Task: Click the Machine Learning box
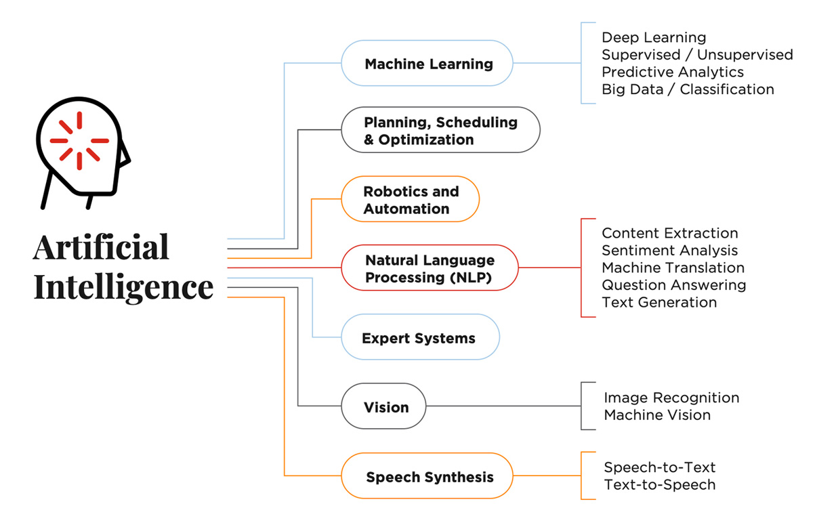coord(427,64)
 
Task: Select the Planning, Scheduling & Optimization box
coord(440,130)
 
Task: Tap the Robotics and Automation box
coord(410,200)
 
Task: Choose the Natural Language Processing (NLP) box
coord(430,268)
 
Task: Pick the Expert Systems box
coord(419,337)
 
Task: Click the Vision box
coord(385,407)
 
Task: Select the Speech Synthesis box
coord(429,477)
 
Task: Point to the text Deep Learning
coord(653,37)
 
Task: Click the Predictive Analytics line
coord(672,72)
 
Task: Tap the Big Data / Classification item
coord(687,89)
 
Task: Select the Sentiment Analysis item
coord(669,251)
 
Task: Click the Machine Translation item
coord(673,268)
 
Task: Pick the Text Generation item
coord(659,302)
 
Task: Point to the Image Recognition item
coord(671,398)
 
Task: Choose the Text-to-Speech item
coord(659,484)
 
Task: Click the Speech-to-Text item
coord(659,467)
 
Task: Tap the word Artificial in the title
coord(101,248)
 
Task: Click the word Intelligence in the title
coord(123,287)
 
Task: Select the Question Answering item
coord(673,285)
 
